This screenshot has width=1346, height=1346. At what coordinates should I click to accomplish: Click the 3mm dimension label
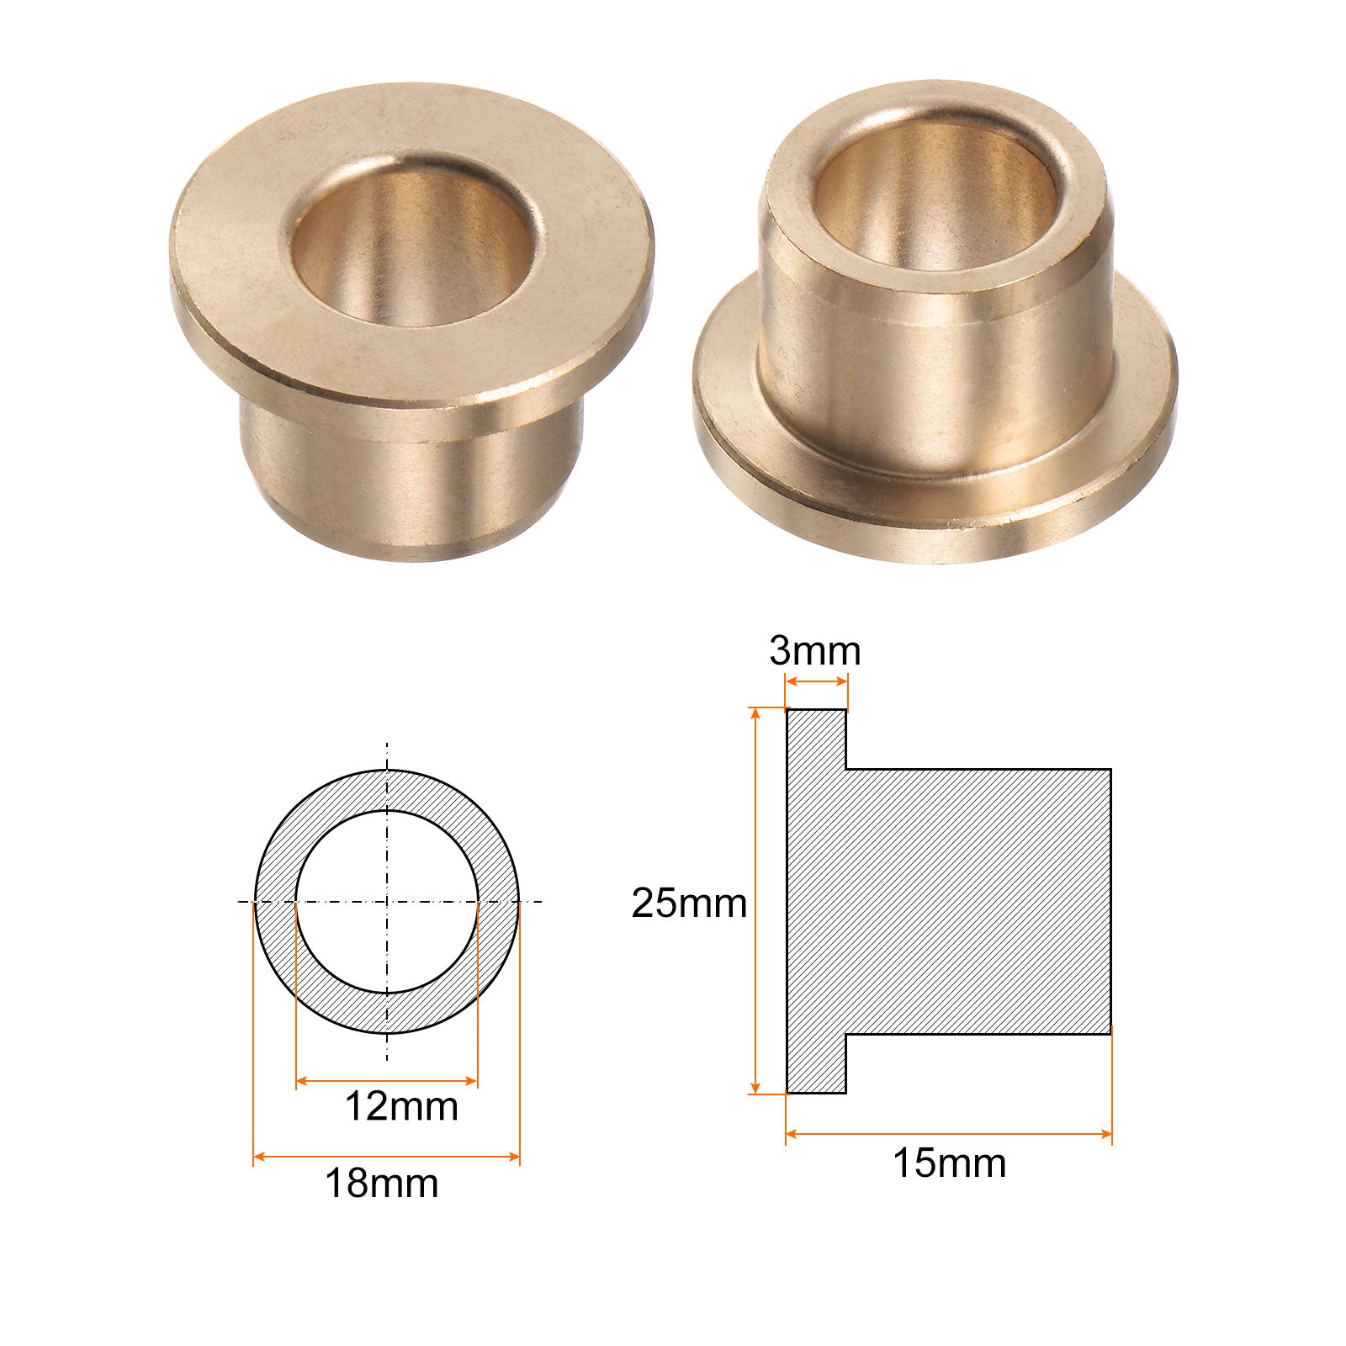tap(814, 651)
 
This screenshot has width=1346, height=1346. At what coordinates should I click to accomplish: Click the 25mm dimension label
tap(689, 904)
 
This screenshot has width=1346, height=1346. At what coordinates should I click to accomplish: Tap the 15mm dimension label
tap(949, 1163)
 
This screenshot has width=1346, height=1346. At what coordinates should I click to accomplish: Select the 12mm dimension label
tap(401, 1106)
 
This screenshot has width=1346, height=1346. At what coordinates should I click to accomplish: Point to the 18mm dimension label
tap(382, 1184)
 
